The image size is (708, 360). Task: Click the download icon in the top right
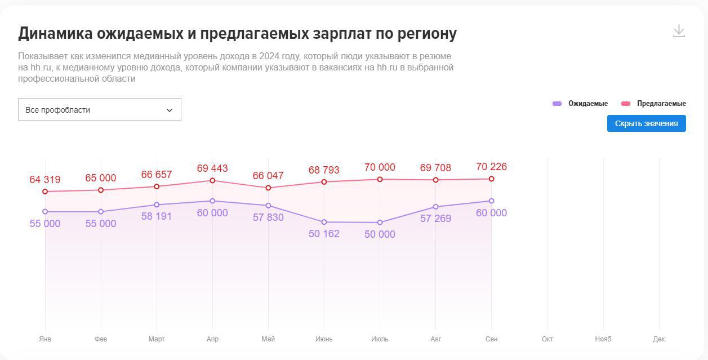click(679, 31)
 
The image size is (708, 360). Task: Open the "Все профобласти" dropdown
click(100, 110)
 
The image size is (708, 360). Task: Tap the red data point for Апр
click(212, 180)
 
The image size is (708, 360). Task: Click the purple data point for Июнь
click(324, 222)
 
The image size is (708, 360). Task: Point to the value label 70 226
click(491, 167)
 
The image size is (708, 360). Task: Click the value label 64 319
click(45, 180)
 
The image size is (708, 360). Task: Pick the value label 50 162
click(324, 234)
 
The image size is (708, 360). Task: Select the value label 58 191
click(157, 216)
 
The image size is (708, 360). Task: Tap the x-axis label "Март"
click(157, 339)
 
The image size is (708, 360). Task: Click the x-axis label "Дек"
click(659, 339)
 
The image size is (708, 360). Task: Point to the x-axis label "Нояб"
click(603, 339)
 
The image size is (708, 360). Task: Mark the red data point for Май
click(268, 188)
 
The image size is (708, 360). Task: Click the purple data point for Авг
click(436, 207)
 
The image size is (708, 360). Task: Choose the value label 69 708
click(436, 168)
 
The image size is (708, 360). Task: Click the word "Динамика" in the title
click(55, 34)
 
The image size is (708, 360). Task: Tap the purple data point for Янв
click(45, 212)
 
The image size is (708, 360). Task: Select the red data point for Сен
click(492, 179)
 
